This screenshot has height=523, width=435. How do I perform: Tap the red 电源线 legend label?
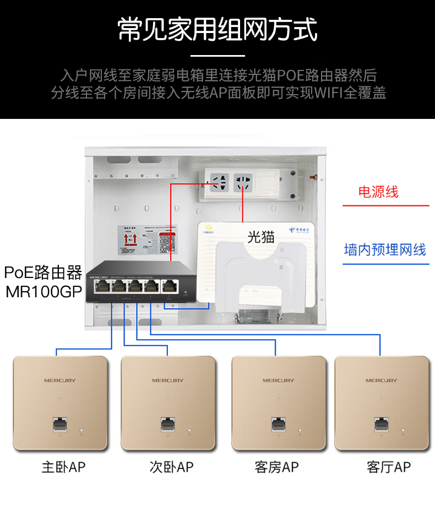[378, 192]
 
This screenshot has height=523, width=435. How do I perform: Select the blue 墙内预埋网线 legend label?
[385, 249]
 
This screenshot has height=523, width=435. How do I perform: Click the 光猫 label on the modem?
[260, 237]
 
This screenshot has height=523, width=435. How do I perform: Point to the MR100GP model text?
[44, 291]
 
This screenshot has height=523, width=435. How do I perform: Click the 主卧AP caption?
[63, 467]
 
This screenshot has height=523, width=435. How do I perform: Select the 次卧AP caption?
[171, 467]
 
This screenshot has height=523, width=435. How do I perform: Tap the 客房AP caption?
[276, 467]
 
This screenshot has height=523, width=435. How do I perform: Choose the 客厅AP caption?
[388, 467]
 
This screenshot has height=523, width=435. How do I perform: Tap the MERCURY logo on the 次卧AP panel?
[168, 380]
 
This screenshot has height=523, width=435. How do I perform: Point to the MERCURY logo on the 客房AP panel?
[278, 380]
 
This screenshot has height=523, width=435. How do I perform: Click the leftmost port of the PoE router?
[103, 286]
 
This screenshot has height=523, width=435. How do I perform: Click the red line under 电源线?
[385, 206]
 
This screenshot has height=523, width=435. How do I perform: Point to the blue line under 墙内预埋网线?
[385, 264]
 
